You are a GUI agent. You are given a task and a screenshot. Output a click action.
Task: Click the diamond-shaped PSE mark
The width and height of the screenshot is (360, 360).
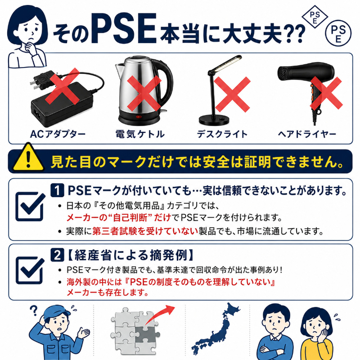coord(315,17)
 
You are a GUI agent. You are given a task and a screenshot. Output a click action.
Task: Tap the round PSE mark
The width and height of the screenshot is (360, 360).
coord(338,33)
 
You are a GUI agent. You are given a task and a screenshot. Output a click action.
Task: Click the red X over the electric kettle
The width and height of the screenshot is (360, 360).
coord(144,94)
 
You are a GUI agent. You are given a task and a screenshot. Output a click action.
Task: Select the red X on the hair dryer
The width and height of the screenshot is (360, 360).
coord(326,94)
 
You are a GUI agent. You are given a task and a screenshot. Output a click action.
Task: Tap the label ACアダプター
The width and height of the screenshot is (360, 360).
coord(58,134)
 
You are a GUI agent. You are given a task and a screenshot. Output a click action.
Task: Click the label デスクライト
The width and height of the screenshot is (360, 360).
coord(222,134)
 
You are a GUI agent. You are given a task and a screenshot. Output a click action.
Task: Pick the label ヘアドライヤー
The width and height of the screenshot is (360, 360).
coord(307,134)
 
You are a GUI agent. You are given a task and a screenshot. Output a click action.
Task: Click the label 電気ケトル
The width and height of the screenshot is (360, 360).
coord(140,134)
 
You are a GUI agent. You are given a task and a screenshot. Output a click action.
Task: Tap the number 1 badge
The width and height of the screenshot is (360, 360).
coord(57,190)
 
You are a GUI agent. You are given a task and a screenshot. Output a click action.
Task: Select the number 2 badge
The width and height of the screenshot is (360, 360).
coord(57,255)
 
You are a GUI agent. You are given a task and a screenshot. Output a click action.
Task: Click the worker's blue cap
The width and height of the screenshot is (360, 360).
coord(57,311)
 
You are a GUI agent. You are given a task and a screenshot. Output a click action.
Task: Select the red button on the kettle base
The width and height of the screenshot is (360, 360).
coord(139,117)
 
